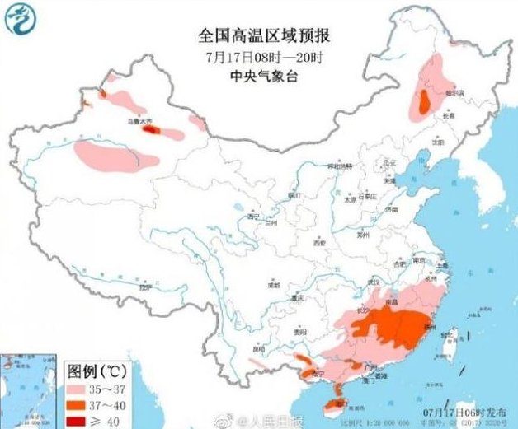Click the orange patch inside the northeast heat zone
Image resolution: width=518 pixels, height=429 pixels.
pyautogui.click(x=424, y=103)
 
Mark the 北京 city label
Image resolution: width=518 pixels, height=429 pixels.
pyautogui.click(x=381, y=165)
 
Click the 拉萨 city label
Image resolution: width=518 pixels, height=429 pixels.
pyautogui.click(x=145, y=288)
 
